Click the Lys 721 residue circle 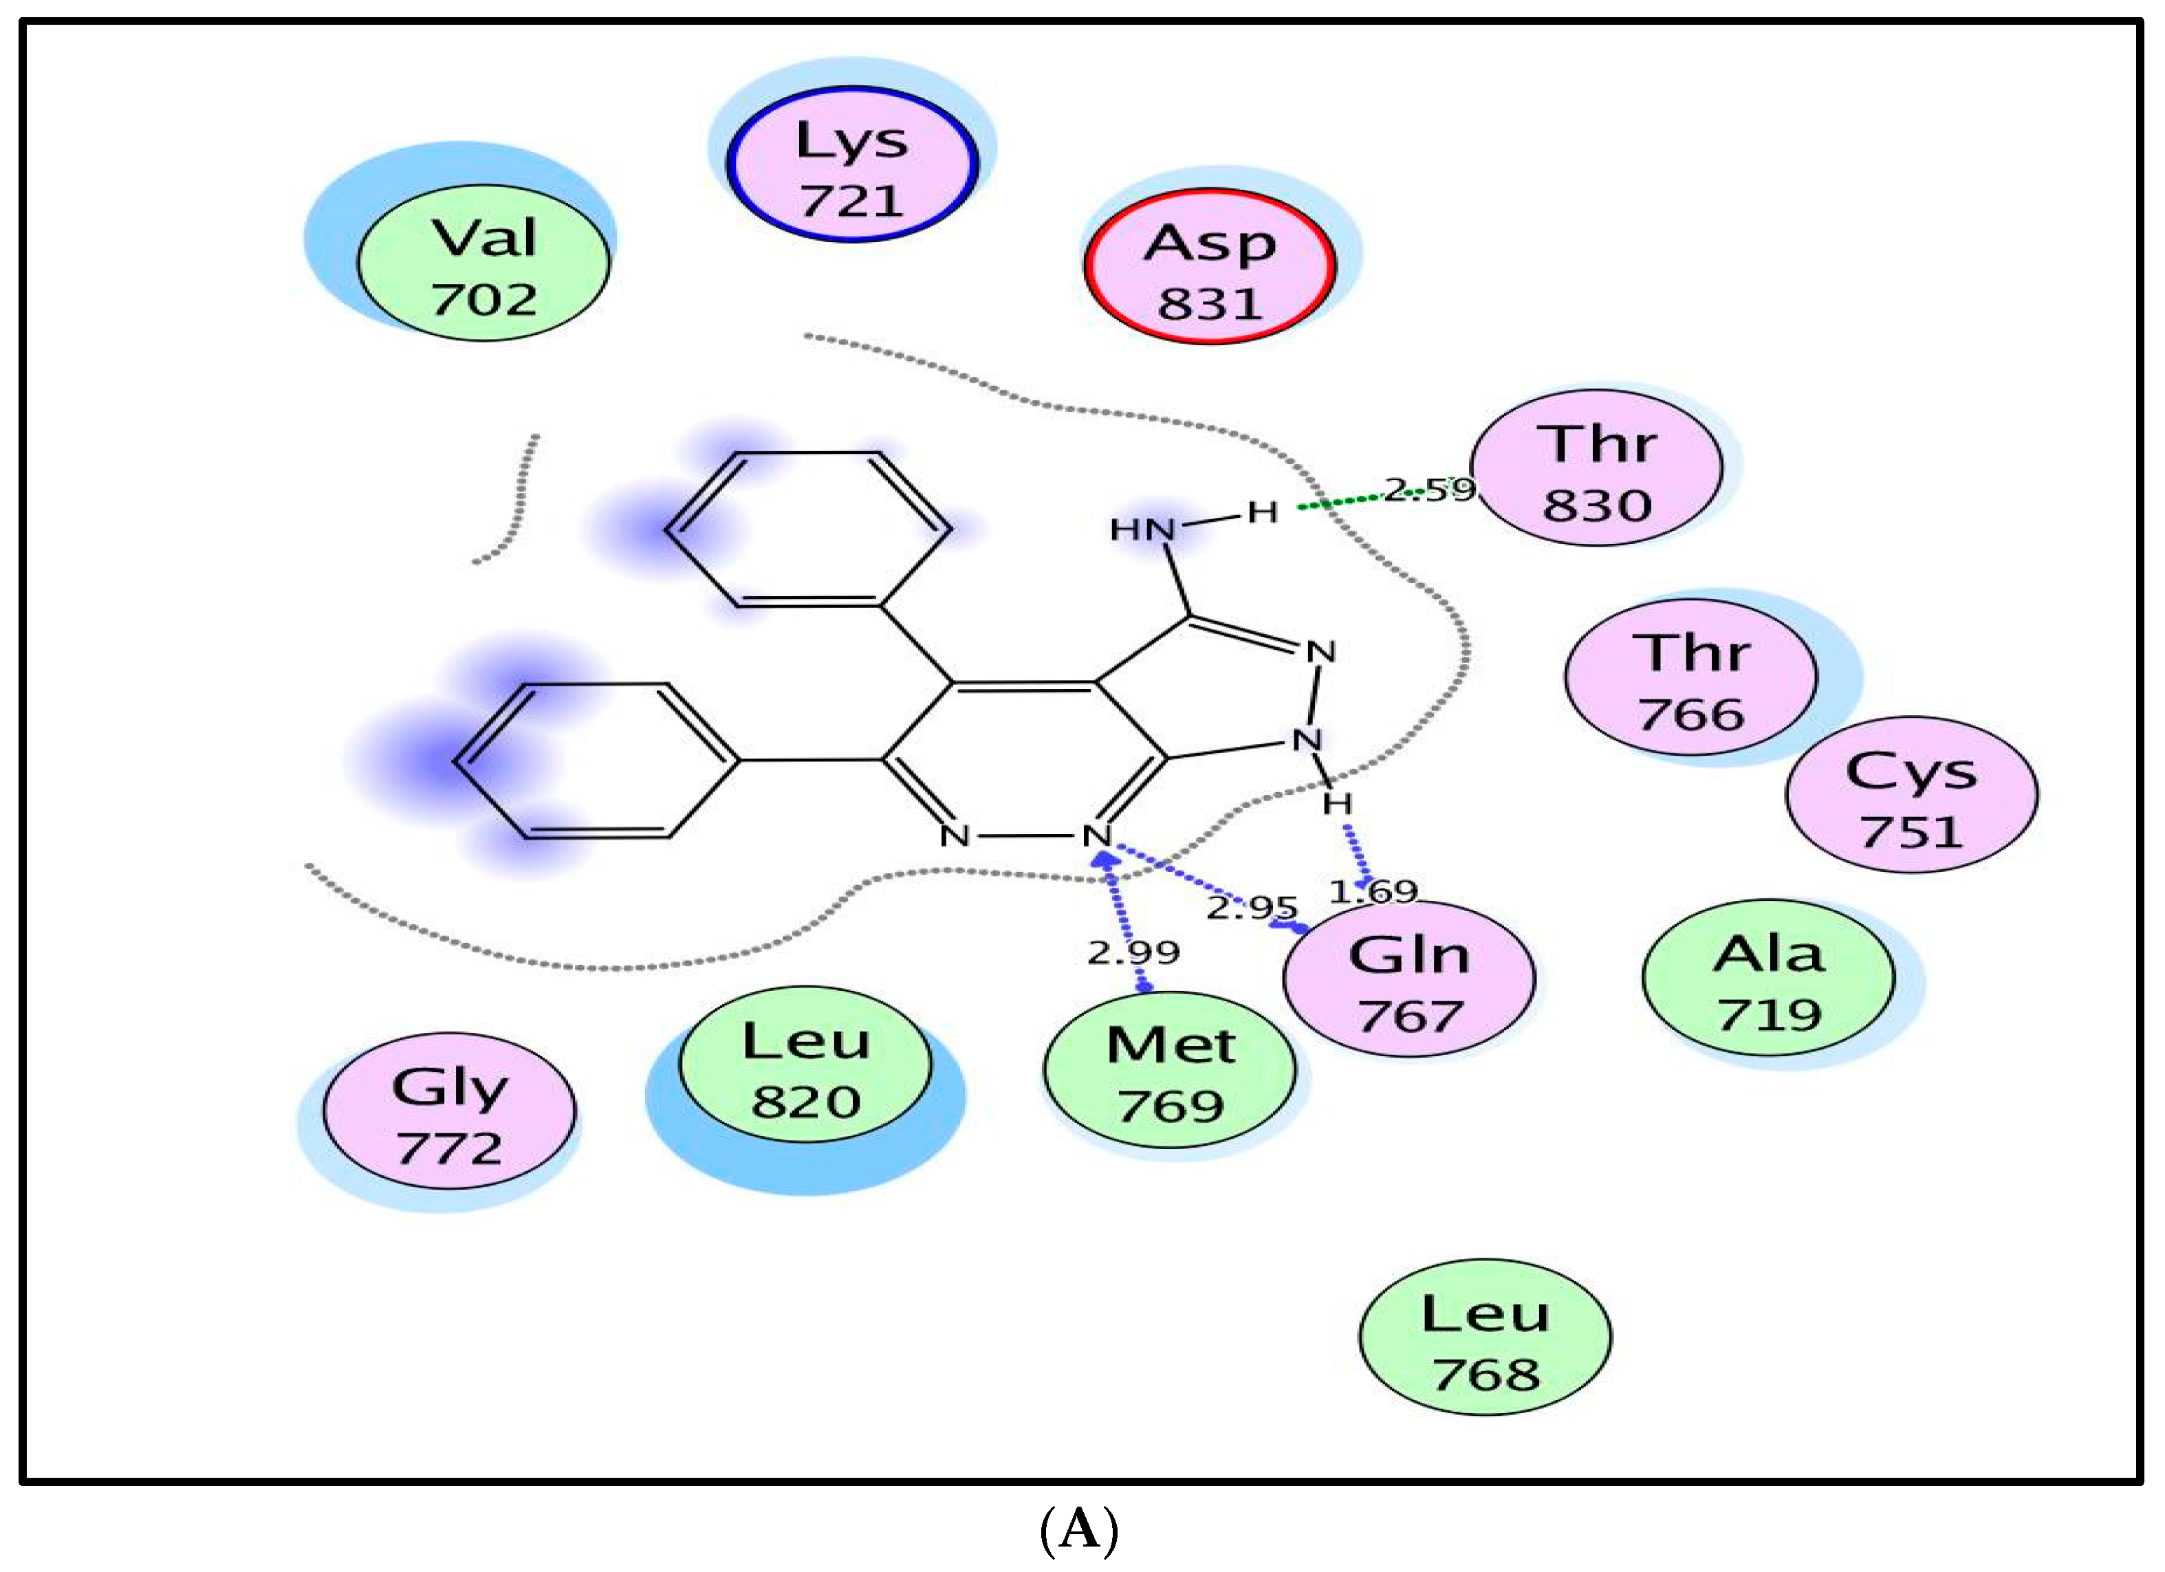tap(851, 165)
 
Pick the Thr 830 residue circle tap(1596, 468)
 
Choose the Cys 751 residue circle tap(1911, 795)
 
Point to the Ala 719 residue tap(1768, 979)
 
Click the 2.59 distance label tap(1429, 490)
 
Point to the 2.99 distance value tap(1133, 952)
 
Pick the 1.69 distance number tap(1373, 891)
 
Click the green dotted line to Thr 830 tap(1346, 501)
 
